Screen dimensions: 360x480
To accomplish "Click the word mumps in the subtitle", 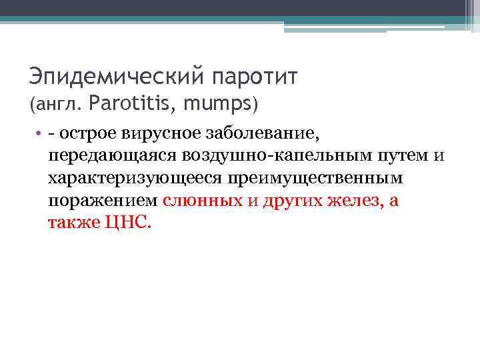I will tap(219, 105).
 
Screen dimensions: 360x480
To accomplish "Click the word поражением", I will tap(103, 201).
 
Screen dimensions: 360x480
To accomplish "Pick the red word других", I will tap(292, 201).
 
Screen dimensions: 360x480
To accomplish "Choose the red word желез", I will tap(354, 201).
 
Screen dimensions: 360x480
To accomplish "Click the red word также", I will tap(74, 223).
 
